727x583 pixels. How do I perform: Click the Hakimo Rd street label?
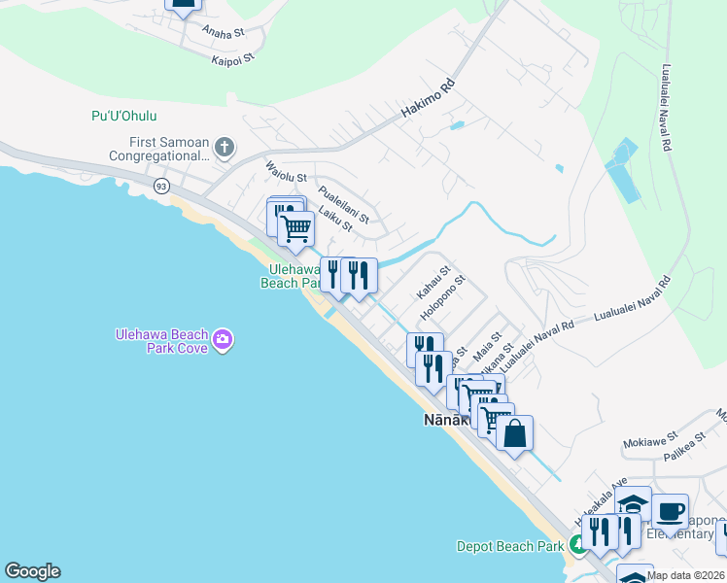tap(430, 106)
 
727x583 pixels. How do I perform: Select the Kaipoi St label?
tap(232, 59)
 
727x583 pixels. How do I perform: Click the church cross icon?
tap(225, 148)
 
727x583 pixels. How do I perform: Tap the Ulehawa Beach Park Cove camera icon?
tap(224, 339)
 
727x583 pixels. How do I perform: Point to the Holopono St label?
tap(443, 298)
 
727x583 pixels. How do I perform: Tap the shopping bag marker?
tap(514, 433)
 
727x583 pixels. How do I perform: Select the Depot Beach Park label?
tap(510, 546)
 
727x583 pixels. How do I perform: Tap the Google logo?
tap(32, 571)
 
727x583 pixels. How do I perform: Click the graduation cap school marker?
tap(632, 504)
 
